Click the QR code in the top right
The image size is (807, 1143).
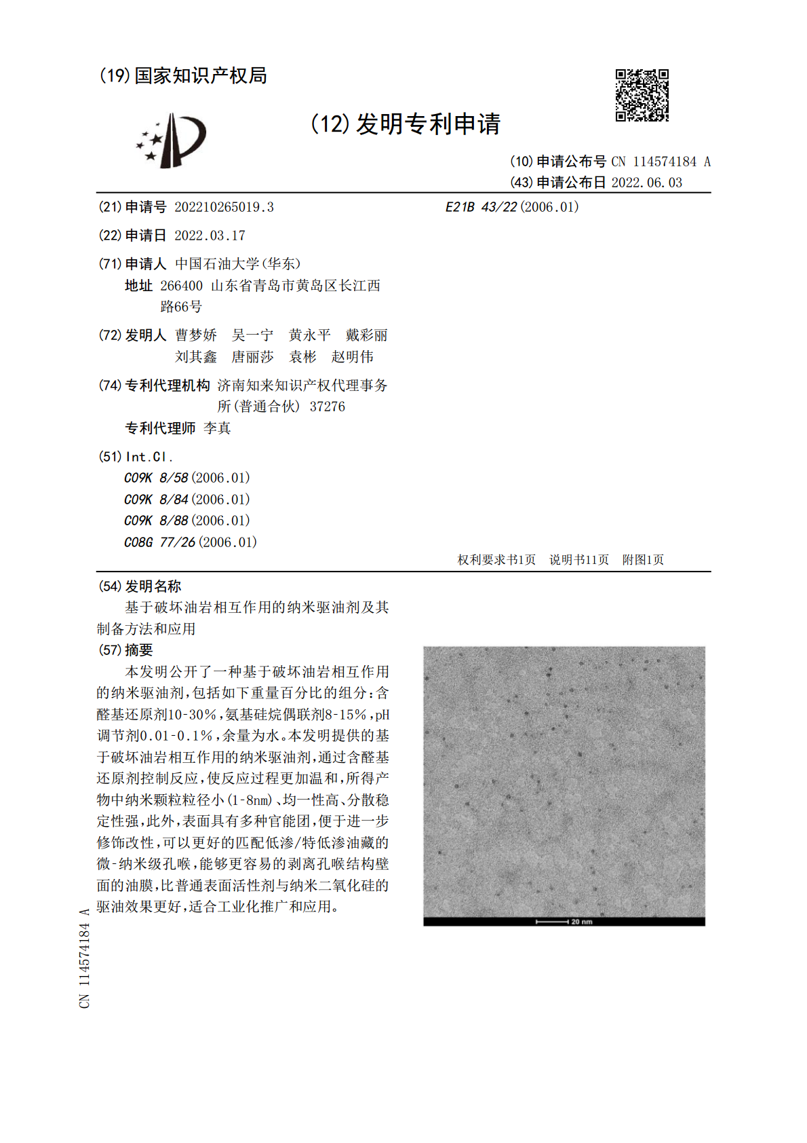tap(642, 95)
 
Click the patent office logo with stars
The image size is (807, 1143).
tap(172, 140)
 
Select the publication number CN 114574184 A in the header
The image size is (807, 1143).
tap(661, 162)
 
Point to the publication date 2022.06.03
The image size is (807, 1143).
tap(646, 183)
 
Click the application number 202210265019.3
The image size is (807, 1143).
tap(224, 207)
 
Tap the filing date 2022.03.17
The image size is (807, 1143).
tap(210, 236)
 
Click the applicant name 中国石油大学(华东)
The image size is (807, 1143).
tap(237, 263)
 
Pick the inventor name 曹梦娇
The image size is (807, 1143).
tap(196, 335)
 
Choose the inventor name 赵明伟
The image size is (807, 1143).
tap(352, 357)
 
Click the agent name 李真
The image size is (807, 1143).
tap(217, 428)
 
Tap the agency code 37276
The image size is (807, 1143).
tap(327, 407)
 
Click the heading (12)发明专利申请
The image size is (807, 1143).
tap(406, 124)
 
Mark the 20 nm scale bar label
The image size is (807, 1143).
tap(581, 922)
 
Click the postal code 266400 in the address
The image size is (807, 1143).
tap(181, 286)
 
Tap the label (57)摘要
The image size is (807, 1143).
tap(126, 650)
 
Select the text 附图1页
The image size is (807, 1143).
tap(643, 560)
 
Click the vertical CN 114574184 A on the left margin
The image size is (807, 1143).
tap(85, 958)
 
